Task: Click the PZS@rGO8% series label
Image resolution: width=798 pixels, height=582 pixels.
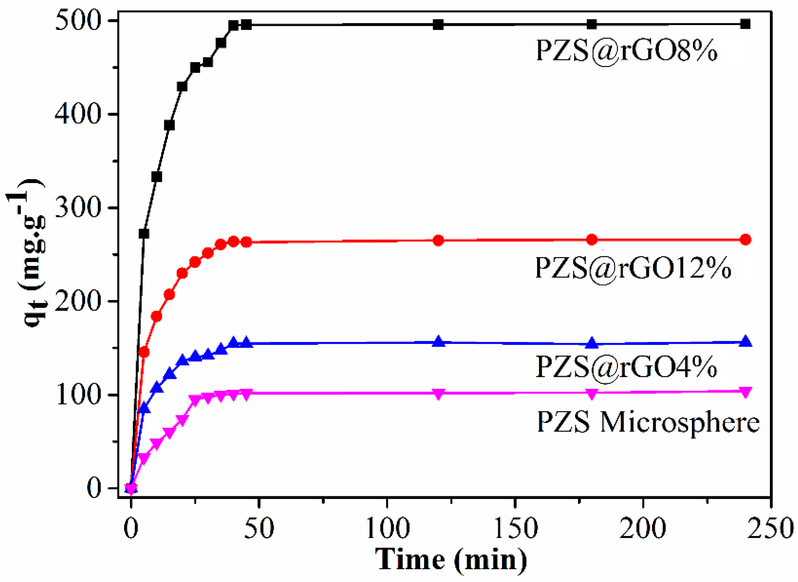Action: pos(626,51)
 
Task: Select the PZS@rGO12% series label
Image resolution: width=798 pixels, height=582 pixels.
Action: pos(633,268)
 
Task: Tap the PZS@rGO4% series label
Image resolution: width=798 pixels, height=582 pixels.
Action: pos(626,367)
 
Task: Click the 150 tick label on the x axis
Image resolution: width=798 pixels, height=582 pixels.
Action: pos(515,529)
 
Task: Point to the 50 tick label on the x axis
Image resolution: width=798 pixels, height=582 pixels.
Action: pos(259,529)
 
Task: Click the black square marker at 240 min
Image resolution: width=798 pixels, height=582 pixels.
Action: pos(745,24)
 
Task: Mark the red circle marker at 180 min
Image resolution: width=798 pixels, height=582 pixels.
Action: pos(592,240)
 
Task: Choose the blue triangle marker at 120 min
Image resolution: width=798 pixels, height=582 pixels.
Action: pos(438,342)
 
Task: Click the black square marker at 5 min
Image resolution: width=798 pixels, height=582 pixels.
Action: pos(144,234)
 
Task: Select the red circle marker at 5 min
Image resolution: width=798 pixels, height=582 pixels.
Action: pos(144,352)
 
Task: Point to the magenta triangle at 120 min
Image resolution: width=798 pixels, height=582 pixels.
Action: pos(438,394)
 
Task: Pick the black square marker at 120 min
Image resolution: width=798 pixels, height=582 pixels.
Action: pos(438,25)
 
